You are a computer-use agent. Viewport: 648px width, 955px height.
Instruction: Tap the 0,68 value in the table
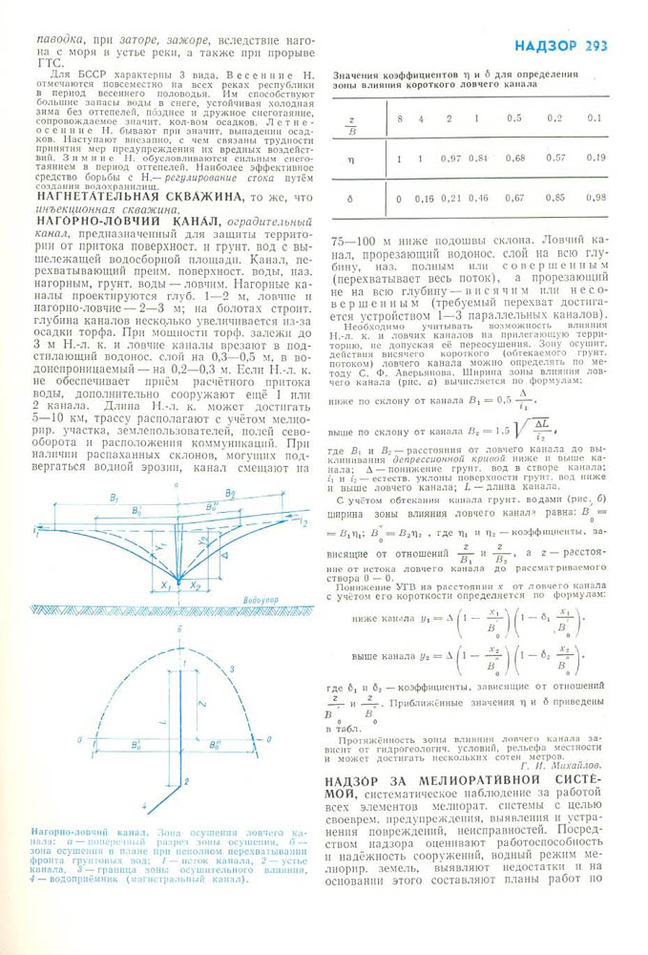[514, 158]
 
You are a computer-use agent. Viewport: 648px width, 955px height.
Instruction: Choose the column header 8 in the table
[400, 117]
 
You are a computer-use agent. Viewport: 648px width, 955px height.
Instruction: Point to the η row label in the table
[350, 157]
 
